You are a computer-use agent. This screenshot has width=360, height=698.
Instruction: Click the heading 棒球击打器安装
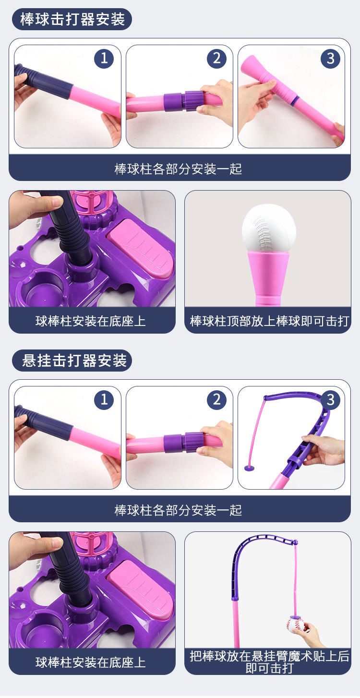(72, 19)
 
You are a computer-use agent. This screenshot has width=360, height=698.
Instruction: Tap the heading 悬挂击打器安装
(74, 361)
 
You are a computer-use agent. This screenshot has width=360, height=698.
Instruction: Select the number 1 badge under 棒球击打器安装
(104, 58)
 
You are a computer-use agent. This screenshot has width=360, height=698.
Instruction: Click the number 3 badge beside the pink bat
(330, 58)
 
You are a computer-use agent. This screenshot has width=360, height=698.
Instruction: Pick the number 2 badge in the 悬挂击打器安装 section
(216, 400)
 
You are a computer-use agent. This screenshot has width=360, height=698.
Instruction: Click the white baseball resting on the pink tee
(269, 228)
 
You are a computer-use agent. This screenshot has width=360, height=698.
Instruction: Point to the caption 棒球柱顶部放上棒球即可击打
(269, 321)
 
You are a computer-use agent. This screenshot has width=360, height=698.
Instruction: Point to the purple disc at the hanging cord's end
(249, 468)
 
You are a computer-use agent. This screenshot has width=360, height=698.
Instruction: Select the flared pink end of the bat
(251, 67)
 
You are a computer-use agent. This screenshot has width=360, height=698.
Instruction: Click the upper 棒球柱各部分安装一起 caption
(178, 169)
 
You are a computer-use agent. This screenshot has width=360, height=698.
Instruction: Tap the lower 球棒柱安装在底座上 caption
(90, 662)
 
